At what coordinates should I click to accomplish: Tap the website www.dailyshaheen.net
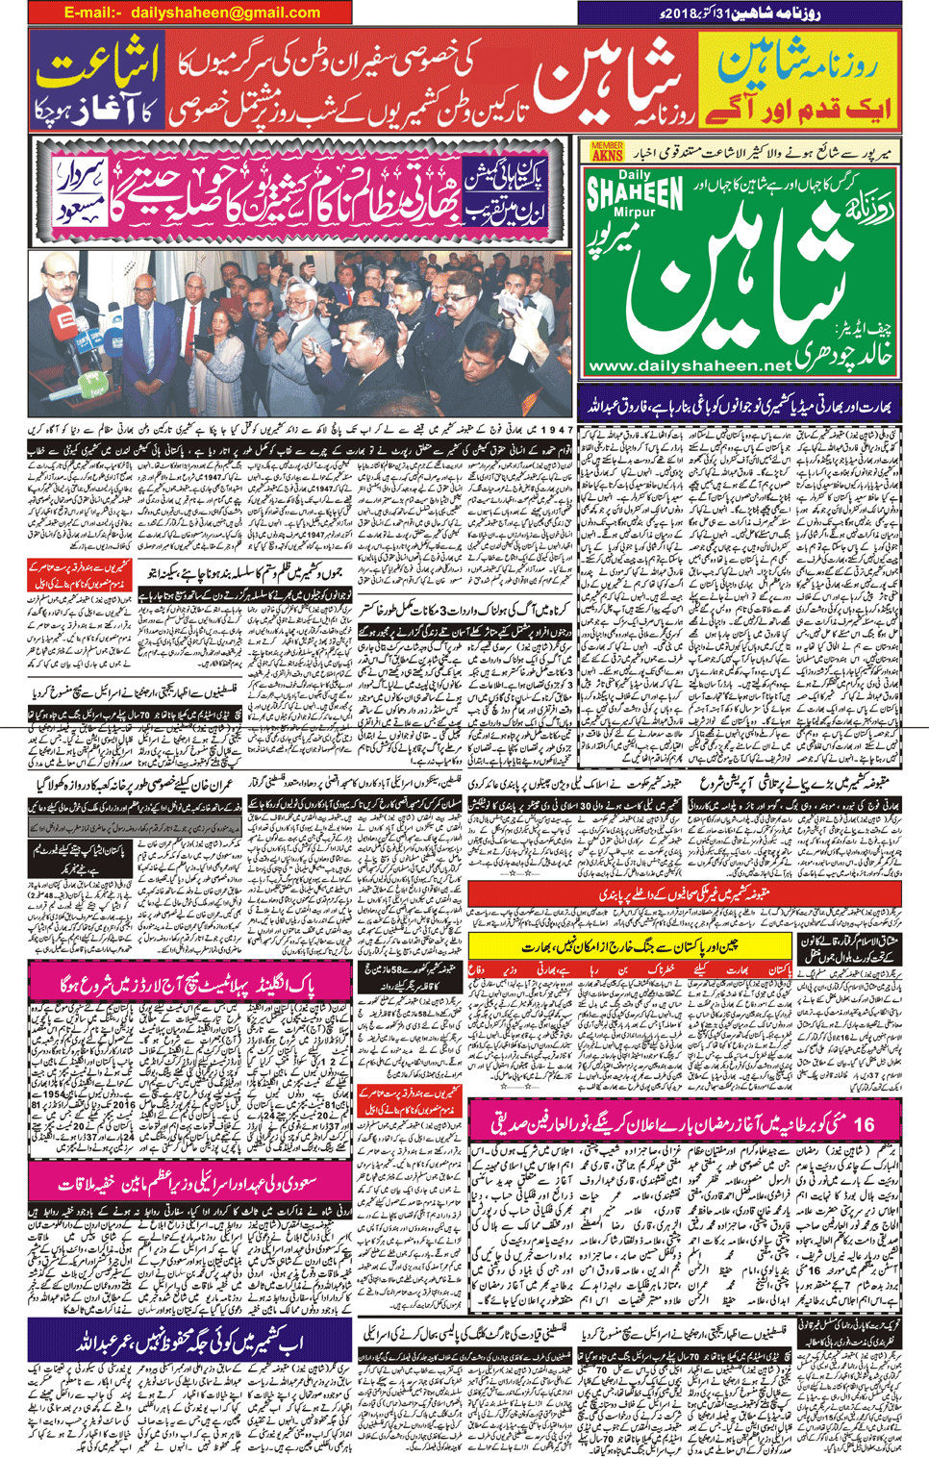[690, 366]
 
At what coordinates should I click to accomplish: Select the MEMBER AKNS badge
[607, 151]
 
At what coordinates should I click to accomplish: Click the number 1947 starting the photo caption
[556, 431]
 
